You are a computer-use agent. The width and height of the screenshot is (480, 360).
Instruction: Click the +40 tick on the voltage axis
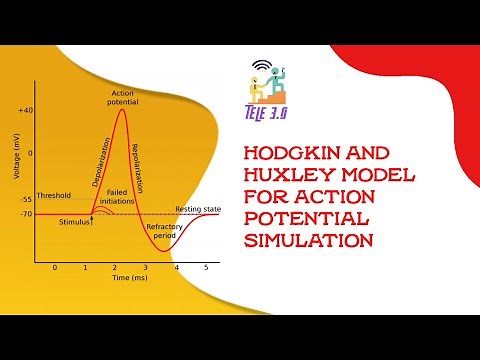point(24,109)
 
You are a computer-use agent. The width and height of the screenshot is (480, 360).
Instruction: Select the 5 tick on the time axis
point(206,268)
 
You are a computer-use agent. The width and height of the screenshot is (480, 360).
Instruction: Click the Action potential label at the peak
point(122,96)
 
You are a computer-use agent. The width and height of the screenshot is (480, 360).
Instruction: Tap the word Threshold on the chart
point(53,195)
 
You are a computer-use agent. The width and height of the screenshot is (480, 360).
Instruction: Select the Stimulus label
point(74,221)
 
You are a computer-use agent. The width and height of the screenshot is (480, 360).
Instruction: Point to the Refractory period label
point(164,231)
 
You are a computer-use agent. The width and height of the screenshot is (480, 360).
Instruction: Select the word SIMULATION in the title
point(309,240)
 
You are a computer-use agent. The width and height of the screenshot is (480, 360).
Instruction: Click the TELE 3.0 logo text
point(265,114)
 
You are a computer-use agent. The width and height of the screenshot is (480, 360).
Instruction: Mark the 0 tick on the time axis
point(55,268)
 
